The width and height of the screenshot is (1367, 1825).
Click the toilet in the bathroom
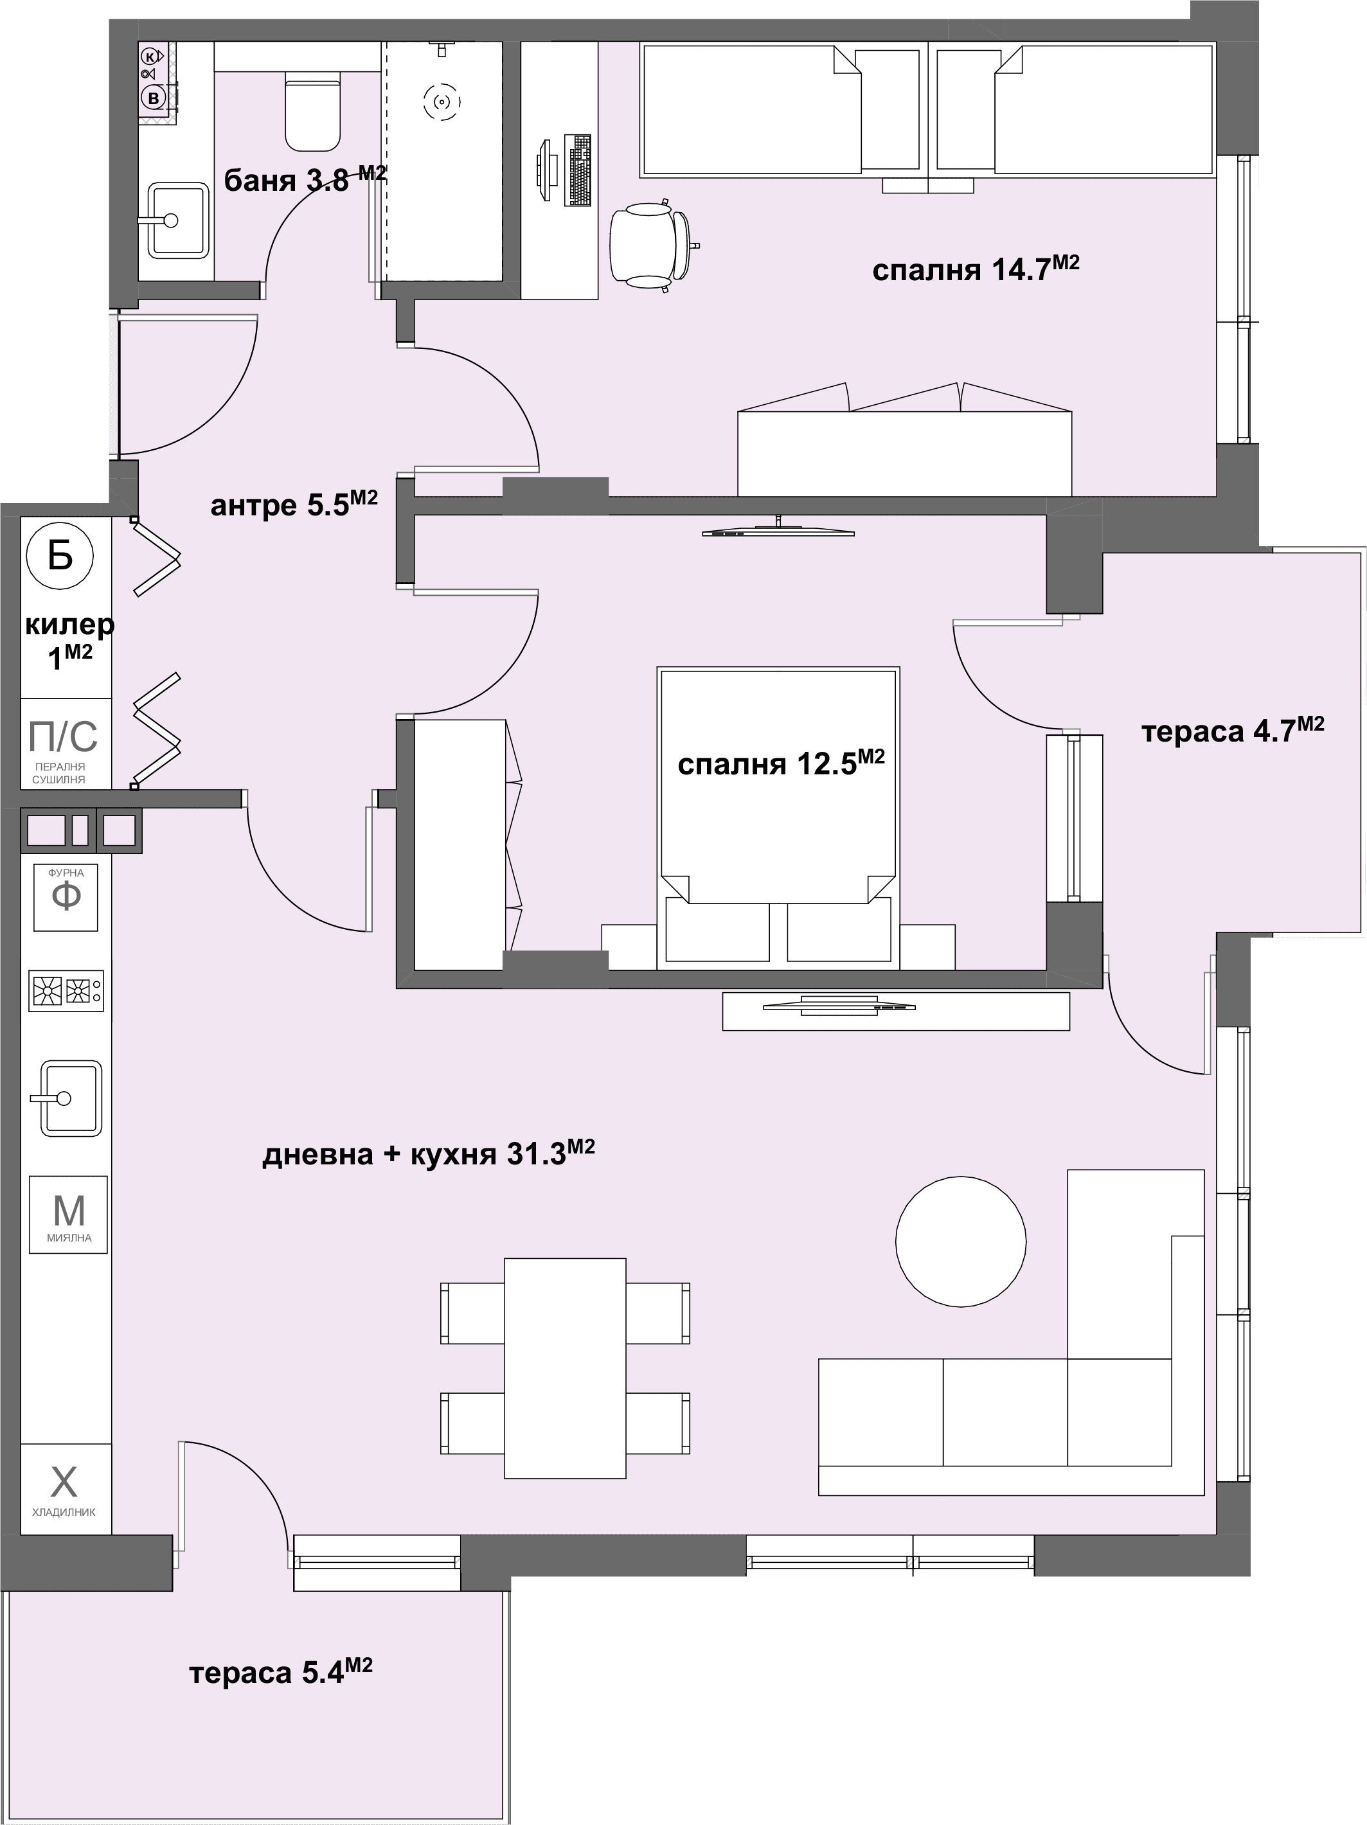point(313,111)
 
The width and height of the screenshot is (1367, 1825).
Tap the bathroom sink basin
point(177,220)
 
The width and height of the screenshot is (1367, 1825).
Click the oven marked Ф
point(66,897)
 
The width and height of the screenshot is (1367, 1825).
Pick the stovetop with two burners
point(66,990)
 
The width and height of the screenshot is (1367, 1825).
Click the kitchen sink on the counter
point(70,1098)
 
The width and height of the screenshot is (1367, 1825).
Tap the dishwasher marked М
point(69,1215)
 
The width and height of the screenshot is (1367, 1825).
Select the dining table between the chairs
point(565,1368)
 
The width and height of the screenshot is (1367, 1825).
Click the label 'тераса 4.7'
point(1233,729)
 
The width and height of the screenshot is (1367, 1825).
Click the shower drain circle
point(442,102)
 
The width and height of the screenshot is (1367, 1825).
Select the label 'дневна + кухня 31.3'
point(428,1153)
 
